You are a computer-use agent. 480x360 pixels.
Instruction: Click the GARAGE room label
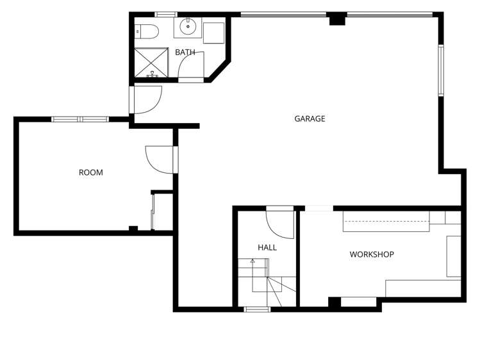(310, 119)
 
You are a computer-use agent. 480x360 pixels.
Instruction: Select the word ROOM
(90, 172)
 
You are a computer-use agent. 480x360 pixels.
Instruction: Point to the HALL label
(267, 247)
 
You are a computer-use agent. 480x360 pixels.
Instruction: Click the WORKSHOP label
(371, 254)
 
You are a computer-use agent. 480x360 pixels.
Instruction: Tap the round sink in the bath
(188, 27)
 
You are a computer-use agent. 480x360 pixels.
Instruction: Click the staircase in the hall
(266, 275)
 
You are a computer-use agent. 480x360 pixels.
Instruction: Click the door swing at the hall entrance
(279, 221)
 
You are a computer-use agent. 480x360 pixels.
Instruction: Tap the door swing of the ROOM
(160, 159)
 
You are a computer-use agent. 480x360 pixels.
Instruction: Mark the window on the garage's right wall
(441, 70)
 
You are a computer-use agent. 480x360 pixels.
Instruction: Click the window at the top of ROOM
(80, 119)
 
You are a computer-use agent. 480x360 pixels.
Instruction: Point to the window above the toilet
(166, 14)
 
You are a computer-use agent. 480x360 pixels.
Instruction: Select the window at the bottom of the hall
(257, 309)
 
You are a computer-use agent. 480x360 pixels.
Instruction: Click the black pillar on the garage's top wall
(336, 19)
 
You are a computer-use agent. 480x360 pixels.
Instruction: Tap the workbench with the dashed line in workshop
(386, 220)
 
